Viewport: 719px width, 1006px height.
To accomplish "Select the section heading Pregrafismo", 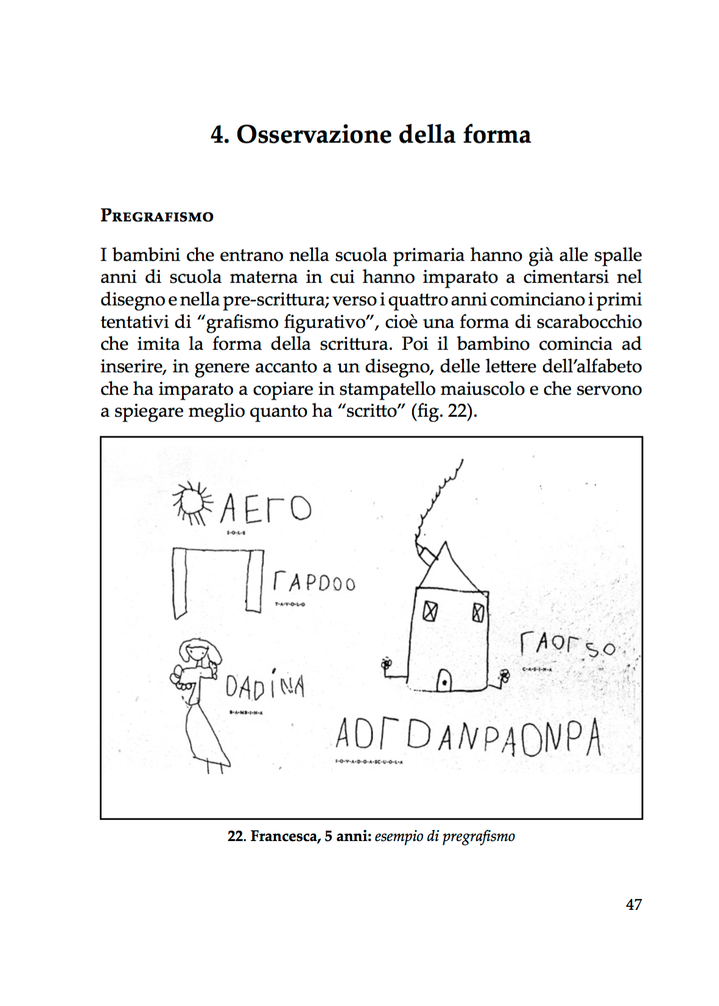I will point(156,216).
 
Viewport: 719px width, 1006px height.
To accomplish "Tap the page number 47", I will point(633,904).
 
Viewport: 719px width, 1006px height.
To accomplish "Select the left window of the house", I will point(430,610).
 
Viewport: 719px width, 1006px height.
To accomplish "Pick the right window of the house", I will point(479,612).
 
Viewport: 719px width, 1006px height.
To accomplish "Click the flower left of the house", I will point(385,665).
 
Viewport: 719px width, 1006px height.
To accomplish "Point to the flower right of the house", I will point(504,675).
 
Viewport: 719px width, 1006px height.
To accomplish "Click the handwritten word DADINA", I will point(265,687).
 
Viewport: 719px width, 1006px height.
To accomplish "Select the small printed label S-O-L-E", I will point(236,533).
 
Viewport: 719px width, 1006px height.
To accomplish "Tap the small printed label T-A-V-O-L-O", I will point(290,604).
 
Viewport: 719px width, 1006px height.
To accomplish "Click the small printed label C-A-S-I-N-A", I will point(536,669).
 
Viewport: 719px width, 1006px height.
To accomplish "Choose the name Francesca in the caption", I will point(285,836).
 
